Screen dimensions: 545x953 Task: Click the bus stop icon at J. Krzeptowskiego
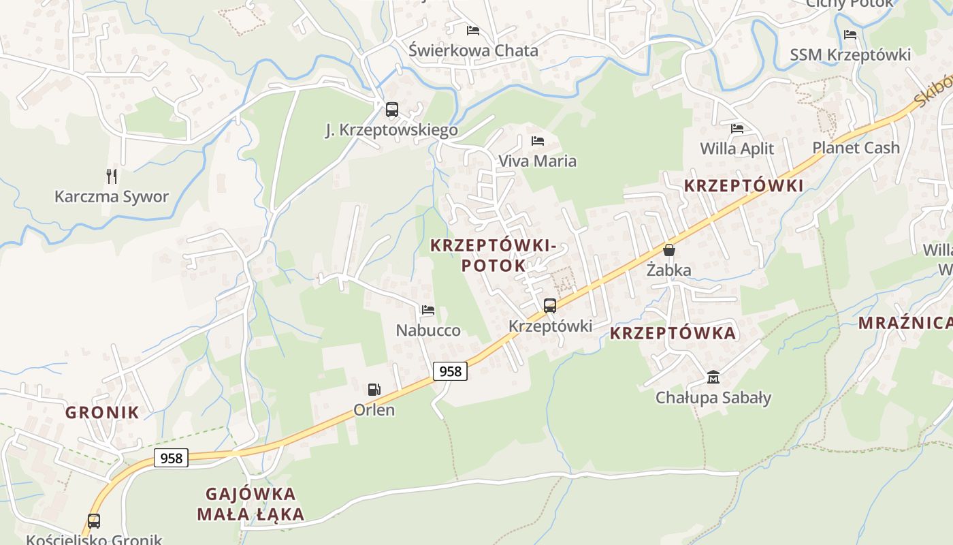[x=391, y=109]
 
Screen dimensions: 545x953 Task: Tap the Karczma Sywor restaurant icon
[x=112, y=176]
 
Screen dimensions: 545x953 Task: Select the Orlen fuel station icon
[x=374, y=390]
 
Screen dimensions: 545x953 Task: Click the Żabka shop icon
[x=669, y=250]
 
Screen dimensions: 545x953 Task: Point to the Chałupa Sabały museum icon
[x=713, y=377]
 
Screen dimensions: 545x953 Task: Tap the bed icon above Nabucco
[x=428, y=310]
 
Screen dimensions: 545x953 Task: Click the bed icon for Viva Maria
[x=538, y=141]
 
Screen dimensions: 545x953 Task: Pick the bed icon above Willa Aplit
[x=737, y=128]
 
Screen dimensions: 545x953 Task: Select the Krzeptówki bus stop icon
[x=550, y=306]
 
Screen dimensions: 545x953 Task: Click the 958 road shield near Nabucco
[x=450, y=371]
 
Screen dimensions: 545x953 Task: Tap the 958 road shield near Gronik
[x=171, y=458]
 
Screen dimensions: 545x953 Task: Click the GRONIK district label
[x=102, y=412]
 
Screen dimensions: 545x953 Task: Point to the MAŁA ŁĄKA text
[x=251, y=514]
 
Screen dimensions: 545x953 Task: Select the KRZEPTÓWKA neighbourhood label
[x=673, y=333]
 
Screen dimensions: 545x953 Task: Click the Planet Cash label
[x=856, y=148]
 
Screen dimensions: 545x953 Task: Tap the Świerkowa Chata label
[x=473, y=50]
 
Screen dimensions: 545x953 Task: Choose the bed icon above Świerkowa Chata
[x=473, y=31]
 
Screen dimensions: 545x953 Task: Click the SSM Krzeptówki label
[x=850, y=55]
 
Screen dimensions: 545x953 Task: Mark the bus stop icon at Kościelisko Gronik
[x=94, y=521]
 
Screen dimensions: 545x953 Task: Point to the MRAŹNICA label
[x=905, y=323]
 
